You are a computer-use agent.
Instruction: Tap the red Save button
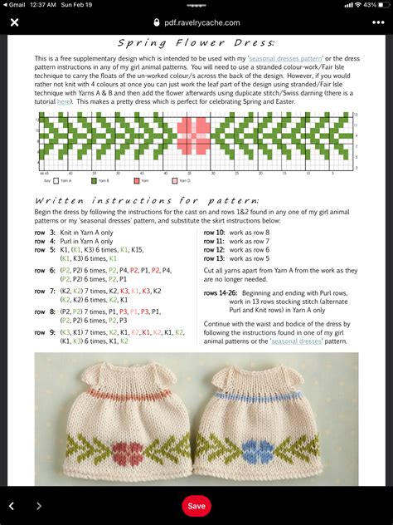(196, 505)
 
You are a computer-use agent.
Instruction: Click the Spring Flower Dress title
(196, 42)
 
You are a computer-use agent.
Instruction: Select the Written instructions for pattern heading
(147, 200)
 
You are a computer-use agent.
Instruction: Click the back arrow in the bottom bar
(12, 505)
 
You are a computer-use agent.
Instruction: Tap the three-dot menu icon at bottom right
(378, 505)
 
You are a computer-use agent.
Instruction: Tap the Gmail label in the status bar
(15, 4)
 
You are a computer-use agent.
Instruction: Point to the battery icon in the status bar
(381, 4)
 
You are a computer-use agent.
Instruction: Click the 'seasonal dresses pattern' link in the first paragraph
(293, 59)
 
